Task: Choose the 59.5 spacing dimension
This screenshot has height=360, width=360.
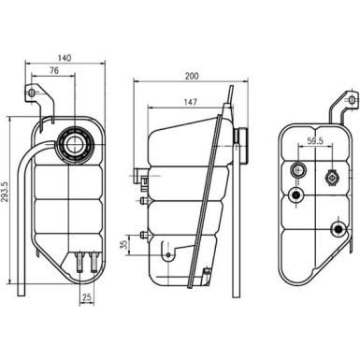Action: click(x=315, y=142)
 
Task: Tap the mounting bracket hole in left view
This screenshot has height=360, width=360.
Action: click(x=33, y=95)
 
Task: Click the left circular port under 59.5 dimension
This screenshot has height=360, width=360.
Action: click(x=298, y=170)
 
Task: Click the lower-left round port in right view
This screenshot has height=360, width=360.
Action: click(x=297, y=194)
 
